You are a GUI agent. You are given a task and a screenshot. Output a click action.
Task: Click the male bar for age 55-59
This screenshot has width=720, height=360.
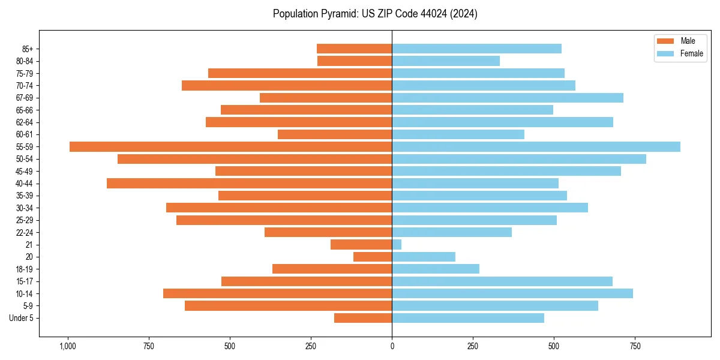coord(230,146)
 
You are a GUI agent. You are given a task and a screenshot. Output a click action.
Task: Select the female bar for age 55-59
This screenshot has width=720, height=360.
coord(536,146)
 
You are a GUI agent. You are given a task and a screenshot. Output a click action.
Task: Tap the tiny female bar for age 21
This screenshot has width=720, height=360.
coord(397,244)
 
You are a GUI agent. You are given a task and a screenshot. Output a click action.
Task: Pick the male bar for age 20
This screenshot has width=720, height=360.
coord(373,257)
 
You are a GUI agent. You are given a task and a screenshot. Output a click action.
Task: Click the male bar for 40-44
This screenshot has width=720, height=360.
coord(249,183)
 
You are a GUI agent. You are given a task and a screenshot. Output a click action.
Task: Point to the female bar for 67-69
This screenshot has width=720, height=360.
coord(508,98)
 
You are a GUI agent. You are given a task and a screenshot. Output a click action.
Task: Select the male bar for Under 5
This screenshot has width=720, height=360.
coord(363,318)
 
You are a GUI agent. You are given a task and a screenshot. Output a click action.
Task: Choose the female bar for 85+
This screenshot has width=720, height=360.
coord(476,49)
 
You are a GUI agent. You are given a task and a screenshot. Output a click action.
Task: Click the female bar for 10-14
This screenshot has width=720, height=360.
coord(512,293)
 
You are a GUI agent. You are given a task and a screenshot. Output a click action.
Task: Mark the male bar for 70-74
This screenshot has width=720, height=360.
coord(287,85)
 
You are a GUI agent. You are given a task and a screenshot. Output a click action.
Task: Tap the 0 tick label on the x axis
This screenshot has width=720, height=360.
coord(392,346)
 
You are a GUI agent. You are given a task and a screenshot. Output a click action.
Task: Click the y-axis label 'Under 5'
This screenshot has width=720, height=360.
coord(21,318)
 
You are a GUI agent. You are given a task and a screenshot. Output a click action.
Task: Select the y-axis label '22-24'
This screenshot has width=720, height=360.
coord(25,232)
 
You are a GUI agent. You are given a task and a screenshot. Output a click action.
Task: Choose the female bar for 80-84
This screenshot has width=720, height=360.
coord(446,61)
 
